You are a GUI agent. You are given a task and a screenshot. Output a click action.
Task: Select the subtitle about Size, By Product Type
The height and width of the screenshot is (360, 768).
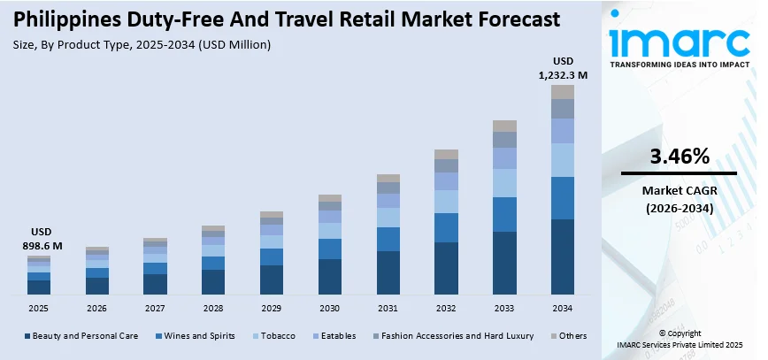142,43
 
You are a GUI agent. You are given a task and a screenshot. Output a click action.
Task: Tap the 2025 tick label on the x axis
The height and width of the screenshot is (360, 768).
39,308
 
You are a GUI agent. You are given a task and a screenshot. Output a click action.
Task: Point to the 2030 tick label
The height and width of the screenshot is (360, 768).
329,308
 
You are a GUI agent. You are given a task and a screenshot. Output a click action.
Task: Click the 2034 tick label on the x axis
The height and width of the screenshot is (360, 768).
562,308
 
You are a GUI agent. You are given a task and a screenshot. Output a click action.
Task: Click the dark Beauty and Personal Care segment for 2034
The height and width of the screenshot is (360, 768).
563,257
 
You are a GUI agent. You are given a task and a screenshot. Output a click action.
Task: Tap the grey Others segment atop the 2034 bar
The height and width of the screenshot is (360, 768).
563,92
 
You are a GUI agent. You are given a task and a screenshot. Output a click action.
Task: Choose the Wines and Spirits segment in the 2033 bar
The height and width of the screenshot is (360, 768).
504,214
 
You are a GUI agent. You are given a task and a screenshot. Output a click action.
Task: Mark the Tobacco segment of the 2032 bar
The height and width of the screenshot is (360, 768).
446,202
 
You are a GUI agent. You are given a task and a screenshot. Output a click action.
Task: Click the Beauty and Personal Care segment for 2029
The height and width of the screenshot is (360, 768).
272,280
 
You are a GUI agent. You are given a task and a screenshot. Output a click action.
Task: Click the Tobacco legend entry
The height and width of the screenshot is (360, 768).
274,337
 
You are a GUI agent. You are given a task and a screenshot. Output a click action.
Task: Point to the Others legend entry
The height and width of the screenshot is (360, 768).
568,337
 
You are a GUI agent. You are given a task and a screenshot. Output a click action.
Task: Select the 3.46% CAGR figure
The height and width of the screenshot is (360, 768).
680,157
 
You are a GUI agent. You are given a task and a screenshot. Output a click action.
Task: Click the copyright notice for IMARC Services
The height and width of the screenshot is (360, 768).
680,339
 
